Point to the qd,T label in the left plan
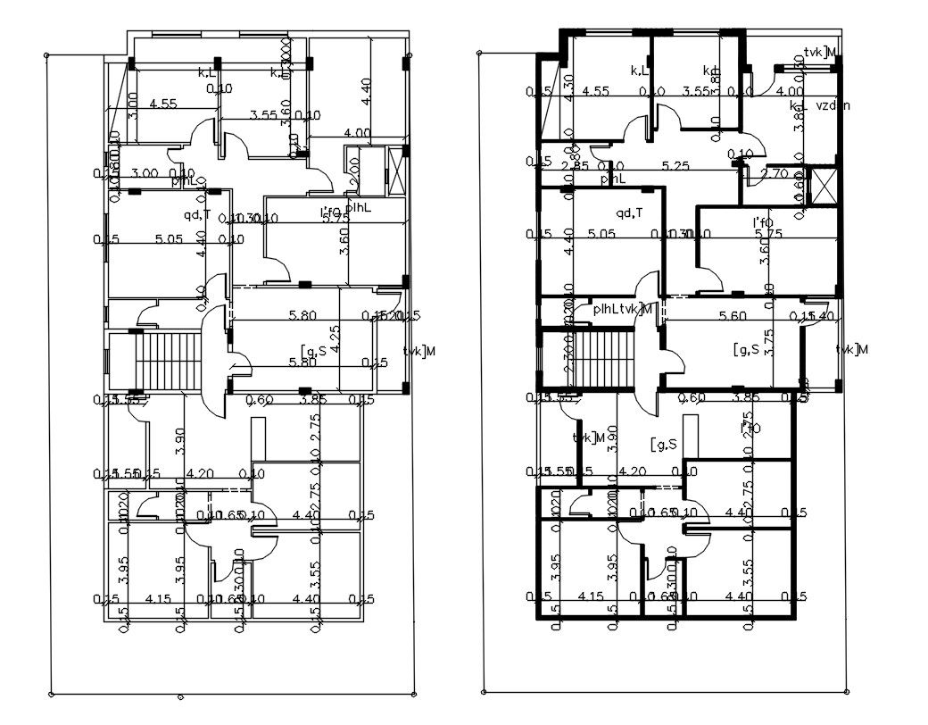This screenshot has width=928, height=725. point(197,214)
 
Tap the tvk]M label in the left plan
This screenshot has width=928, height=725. point(418,350)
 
